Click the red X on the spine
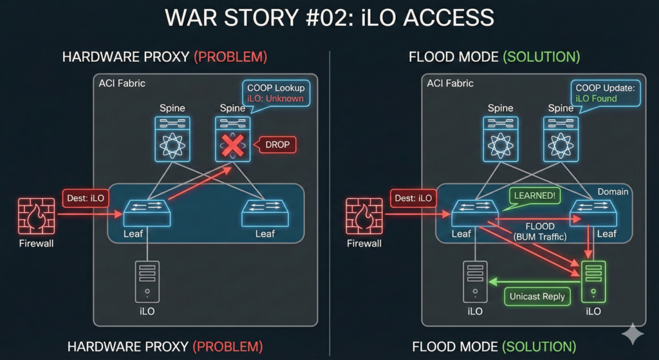point(232,146)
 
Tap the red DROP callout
point(277,146)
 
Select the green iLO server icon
point(593,281)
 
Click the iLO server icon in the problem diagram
point(147,281)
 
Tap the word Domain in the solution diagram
point(612,192)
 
